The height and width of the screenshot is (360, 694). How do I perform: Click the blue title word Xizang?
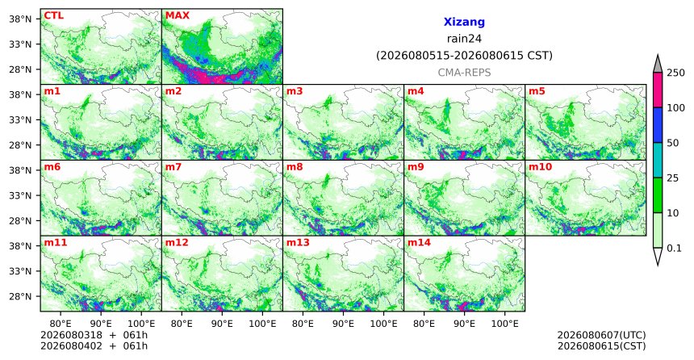click(464, 22)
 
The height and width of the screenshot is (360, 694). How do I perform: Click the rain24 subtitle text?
click(464, 39)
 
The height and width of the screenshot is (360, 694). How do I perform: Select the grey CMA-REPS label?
click(464, 73)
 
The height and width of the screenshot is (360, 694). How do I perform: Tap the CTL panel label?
click(53, 15)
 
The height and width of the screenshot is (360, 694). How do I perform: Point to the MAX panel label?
click(178, 15)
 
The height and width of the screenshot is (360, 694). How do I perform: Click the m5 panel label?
click(537, 91)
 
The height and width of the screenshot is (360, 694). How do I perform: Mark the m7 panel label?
click(173, 167)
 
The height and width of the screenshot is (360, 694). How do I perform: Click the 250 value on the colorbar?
click(675, 73)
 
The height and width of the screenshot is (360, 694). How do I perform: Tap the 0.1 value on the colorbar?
click(674, 248)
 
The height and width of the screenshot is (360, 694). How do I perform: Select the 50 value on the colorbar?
click(672, 143)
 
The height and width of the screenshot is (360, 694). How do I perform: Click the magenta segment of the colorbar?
click(658, 90)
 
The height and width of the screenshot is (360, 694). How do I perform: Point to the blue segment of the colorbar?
click(658, 125)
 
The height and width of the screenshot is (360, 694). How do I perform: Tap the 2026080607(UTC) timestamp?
click(601, 335)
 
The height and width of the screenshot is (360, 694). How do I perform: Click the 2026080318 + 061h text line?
click(94, 335)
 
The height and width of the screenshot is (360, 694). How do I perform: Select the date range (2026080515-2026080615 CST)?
click(464, 56)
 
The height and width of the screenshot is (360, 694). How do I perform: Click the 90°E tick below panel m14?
click(464, 324)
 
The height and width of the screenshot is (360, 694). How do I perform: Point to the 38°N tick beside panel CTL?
click(21, 19)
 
